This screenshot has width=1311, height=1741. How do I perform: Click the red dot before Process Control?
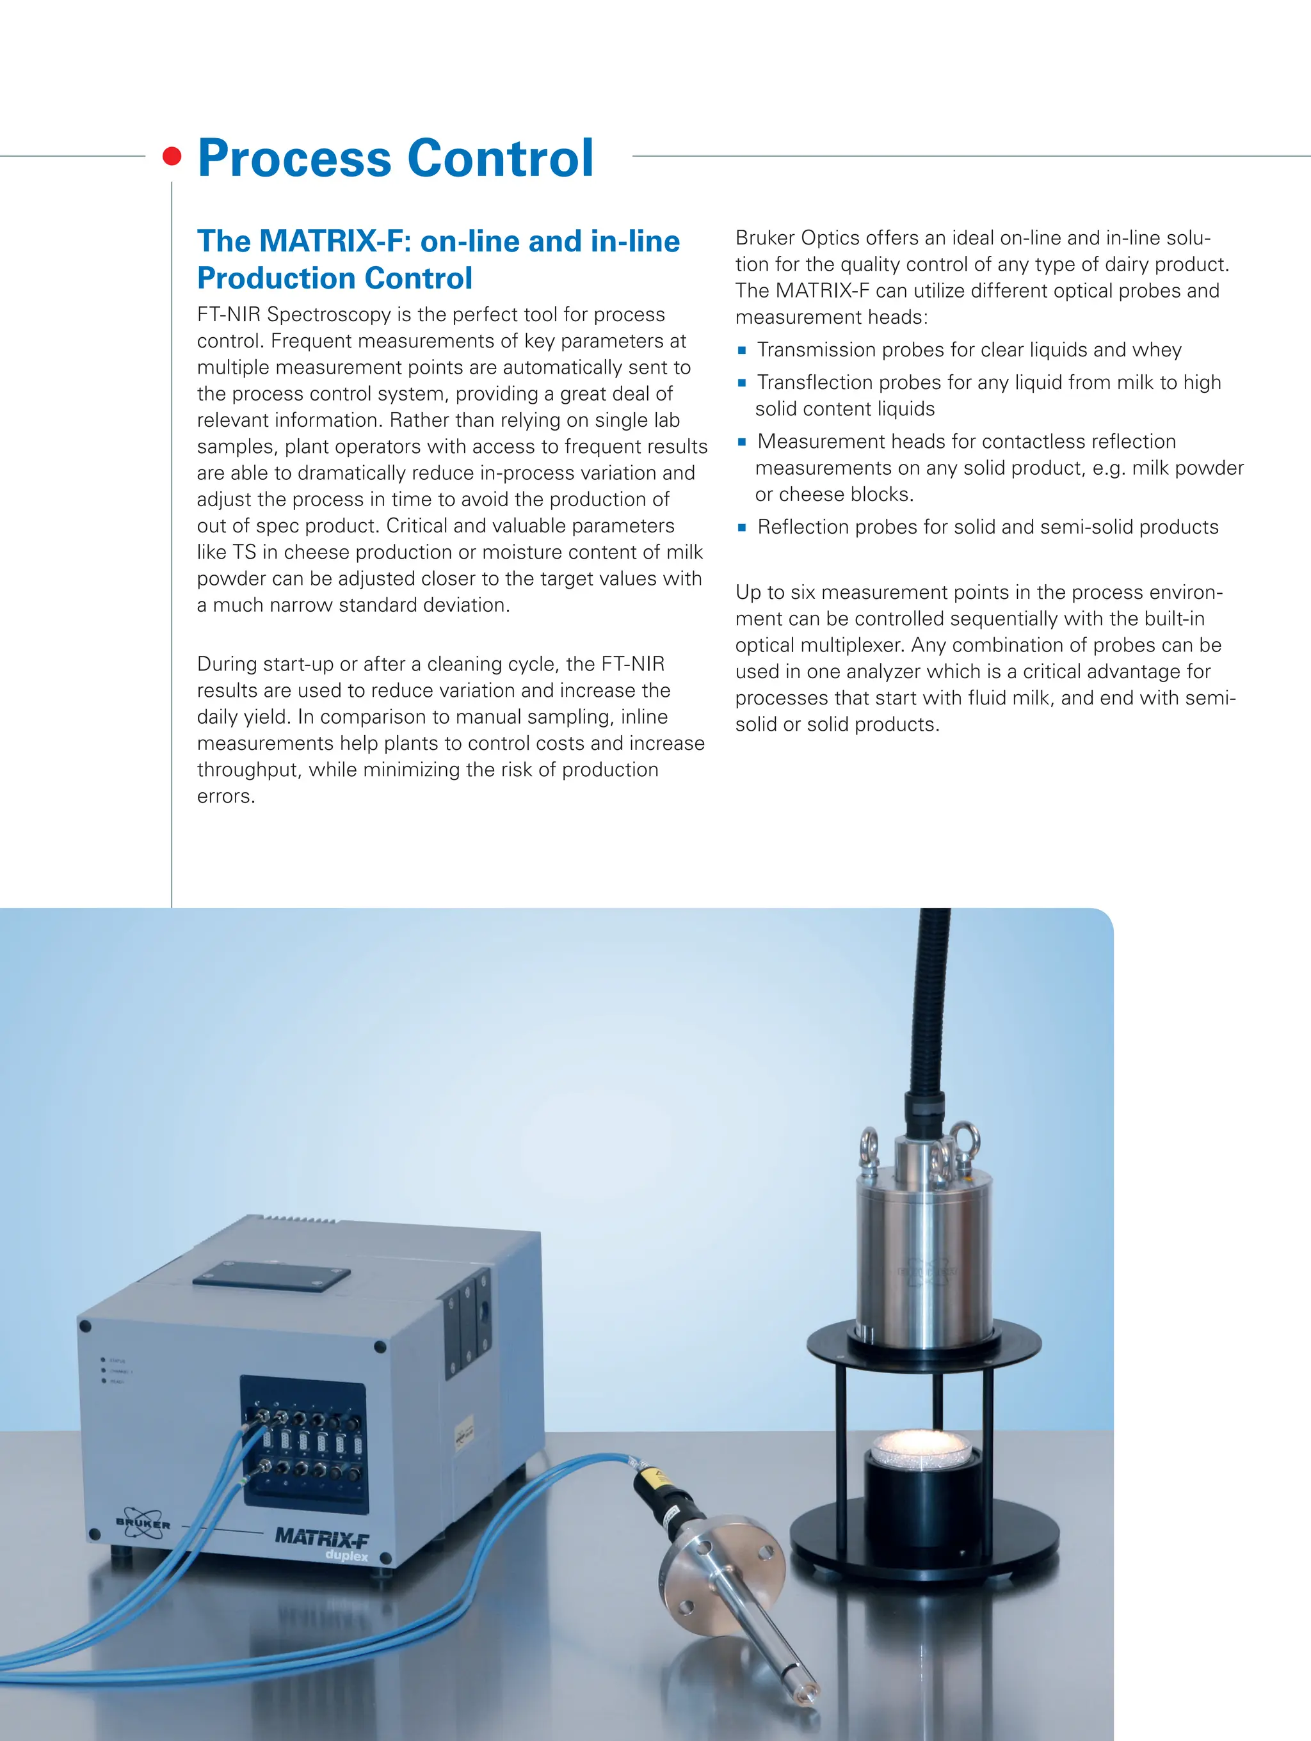click(172, 156)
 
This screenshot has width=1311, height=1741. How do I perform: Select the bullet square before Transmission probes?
click(742, 350)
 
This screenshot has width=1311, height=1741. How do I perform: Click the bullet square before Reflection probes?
click(742, 527)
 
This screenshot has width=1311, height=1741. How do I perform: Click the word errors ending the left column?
click(225, 797)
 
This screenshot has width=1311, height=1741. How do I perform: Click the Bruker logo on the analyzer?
click(143, 1523)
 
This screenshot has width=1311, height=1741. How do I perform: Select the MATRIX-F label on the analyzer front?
click(321, 1536)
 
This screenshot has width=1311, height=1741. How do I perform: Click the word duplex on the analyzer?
click(346, 1556)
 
